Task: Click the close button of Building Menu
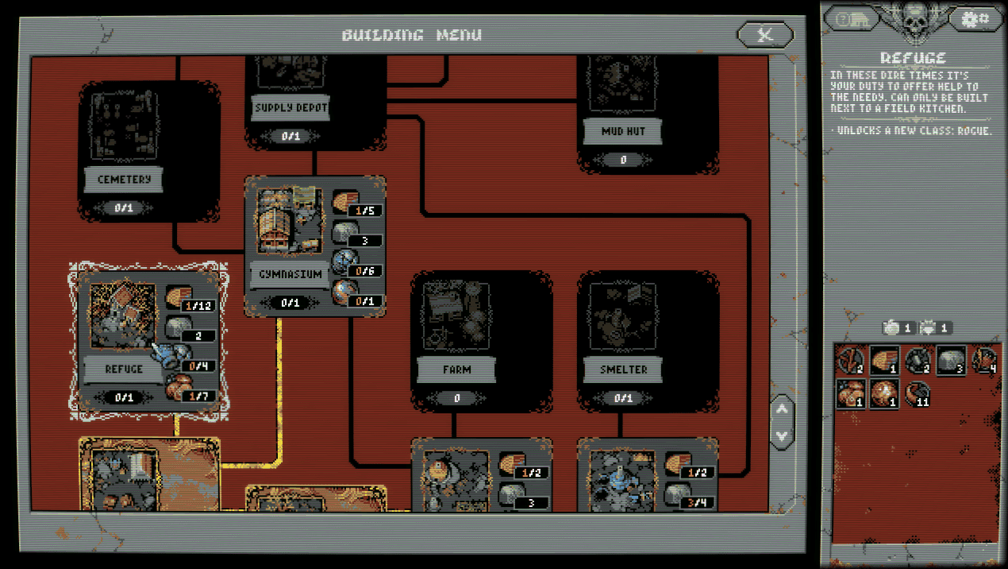coord(764,35)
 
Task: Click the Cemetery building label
coord(124,180)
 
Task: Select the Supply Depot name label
coord(290,108)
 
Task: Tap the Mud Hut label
coord(623,131)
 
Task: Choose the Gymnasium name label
coord(290,274)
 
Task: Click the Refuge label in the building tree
coord(124,369)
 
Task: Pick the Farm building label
coord(456,370)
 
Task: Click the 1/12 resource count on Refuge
coord(198,305)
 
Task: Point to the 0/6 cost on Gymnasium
coord(365,271)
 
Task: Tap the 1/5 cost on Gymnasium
coord(365,211)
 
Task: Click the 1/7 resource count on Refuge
coord(198,395)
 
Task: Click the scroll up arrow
coord(782,409)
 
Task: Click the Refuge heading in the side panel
coord(913,58)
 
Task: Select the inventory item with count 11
coord(918,393)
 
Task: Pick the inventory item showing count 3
coord(952,360)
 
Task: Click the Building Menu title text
coord(411,35)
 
